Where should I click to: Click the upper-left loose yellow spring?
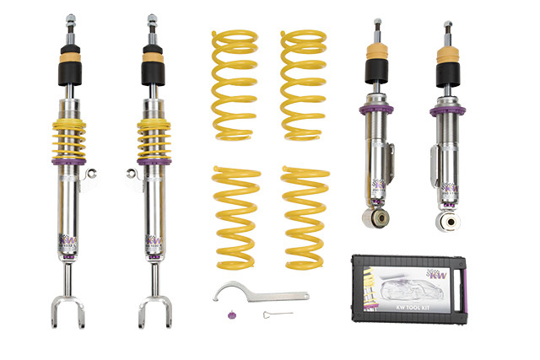click(235, 84)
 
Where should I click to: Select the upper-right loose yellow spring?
click(303, 84)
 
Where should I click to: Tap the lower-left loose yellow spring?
click(237, 218)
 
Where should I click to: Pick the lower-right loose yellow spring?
click(306, 218)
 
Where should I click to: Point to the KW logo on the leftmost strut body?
click(68, 243)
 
